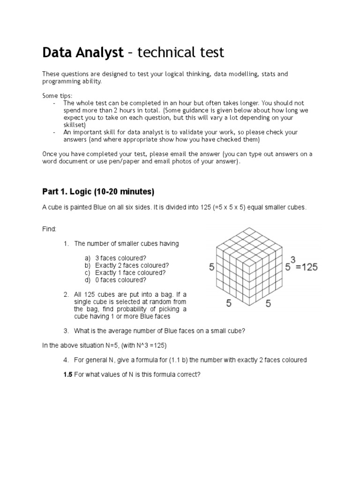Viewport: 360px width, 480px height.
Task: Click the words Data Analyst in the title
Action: tap(82, 53)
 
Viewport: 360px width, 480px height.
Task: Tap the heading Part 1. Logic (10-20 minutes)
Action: tap(98, 192)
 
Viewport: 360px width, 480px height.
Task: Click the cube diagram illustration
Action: tap(250, 265)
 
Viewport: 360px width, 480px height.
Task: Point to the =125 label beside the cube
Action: tap(307, 267)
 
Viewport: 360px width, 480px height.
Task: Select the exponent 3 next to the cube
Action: tap(293, 258)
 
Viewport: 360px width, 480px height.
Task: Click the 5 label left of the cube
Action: tap(211, 267)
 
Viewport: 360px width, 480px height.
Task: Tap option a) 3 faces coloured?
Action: tap(121, 258)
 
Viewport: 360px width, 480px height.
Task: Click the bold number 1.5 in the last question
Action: tap(68, 375)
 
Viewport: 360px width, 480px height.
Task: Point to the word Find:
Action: tap(49, 229)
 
